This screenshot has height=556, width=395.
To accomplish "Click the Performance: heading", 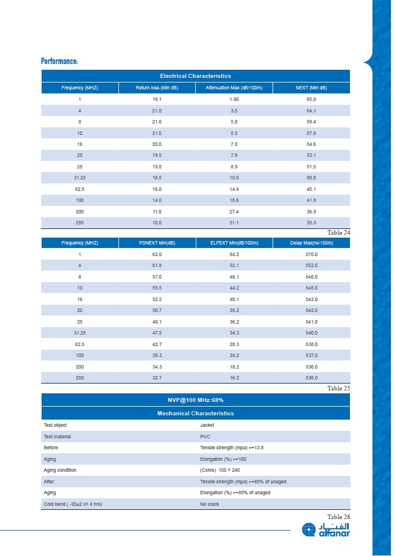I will click(x=59, y=61).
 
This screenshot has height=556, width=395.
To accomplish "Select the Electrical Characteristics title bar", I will click(x=195, y=76).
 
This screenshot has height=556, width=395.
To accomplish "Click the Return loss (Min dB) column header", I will click(x=156, y=88).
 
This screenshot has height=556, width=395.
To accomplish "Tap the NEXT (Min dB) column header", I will click(x=311, y=88).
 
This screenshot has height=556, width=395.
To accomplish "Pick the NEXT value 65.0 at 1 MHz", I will click(x=311, y=99).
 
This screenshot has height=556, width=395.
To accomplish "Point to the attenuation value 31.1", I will click(x=234, y=223).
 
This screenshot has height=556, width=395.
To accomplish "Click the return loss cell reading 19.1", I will click(x=156, y=99).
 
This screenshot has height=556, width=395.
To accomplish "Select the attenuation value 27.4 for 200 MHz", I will click(x=234, y=212).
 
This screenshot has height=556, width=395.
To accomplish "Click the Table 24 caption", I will click(x=338, y=232).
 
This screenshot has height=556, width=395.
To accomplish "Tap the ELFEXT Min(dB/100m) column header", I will click(x=234, y=243).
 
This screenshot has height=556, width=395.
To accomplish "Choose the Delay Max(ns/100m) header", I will click(x=311, y=243).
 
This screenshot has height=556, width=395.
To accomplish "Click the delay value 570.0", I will click(x=311, y=254).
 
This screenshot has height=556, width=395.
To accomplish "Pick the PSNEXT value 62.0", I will click(x=156, y=254).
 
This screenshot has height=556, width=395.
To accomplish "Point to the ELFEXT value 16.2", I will click(x=234, y=378).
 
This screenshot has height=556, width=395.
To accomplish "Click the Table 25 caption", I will click(x=338, y=388).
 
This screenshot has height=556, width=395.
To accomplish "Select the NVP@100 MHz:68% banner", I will click(x=195, y=400).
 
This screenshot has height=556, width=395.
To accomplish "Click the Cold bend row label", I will click(x=73, y=504).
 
